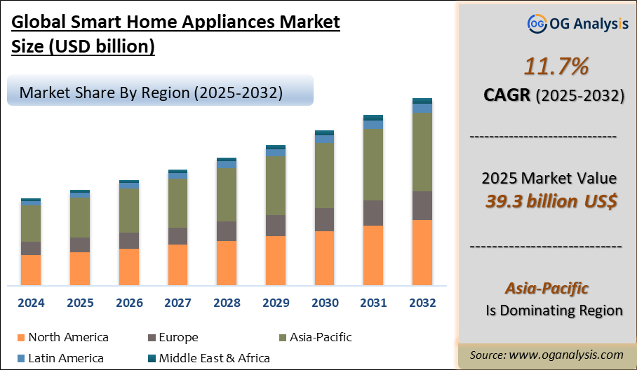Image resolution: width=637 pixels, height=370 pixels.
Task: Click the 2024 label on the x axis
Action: (x=31, y=303)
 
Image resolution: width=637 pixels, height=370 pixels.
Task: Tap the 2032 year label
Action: (x=422, y=303)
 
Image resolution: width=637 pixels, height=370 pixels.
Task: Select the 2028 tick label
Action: (x=227, y=303)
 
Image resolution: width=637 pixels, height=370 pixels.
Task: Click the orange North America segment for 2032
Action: (x=422, y=252)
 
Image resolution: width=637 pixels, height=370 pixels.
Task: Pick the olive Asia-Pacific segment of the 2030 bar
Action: (x=324, y=175)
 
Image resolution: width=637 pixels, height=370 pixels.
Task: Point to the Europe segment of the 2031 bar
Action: (x=373, y=213)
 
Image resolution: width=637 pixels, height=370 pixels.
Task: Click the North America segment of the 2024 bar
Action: (x=31, y=270)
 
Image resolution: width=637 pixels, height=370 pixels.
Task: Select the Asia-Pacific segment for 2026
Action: (x=128, y=210)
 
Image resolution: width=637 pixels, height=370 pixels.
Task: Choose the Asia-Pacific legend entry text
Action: (x=320, y=337)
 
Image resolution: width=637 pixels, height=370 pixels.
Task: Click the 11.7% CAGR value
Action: (x=547, y=67)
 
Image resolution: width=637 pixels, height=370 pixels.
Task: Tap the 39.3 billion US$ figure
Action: (x=551, y=202)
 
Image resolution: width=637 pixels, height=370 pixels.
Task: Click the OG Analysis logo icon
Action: (x=537, y=25)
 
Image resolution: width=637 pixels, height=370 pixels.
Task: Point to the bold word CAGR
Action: (x=507, y=95)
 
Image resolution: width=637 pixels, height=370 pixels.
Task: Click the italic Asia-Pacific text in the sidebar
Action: (x=547, y=288)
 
